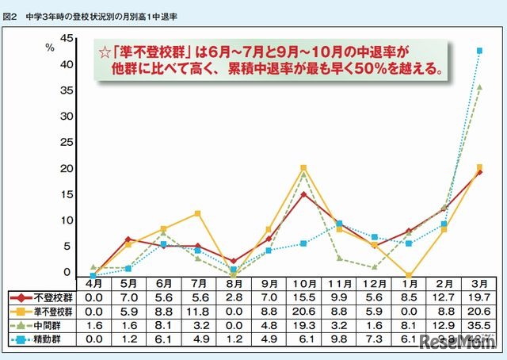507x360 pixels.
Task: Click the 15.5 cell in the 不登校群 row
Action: pos(303,297)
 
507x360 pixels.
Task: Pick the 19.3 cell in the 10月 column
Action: pos(303,324)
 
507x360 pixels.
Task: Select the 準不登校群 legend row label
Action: pos(48,311)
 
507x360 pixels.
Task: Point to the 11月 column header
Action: pos(338,282)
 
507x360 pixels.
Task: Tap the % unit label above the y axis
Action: pos(49,47)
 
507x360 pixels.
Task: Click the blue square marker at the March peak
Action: pos(479,51)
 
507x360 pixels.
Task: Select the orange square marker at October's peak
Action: pos(303,168)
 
